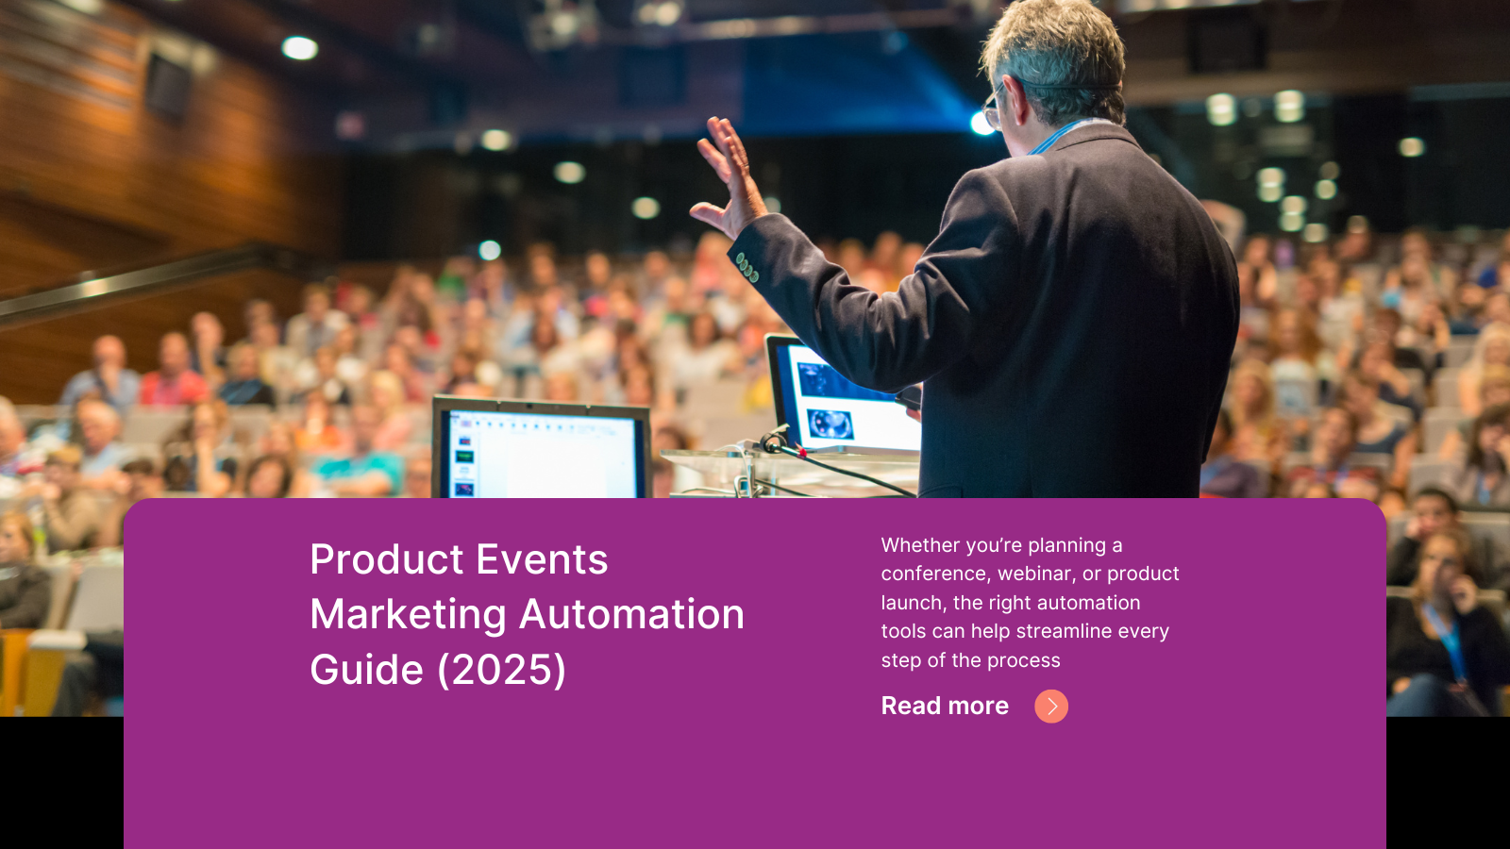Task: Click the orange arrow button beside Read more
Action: [1050, 706]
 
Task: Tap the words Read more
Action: [945, 706]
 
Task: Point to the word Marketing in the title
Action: [409, 615]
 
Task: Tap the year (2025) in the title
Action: [501, 670]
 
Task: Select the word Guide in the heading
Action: [366, 670]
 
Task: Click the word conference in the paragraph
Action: [933, 574]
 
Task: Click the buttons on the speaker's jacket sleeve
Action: [747, 268]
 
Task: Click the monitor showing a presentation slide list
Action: [541, 452]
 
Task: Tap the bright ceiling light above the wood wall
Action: [299, 47]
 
